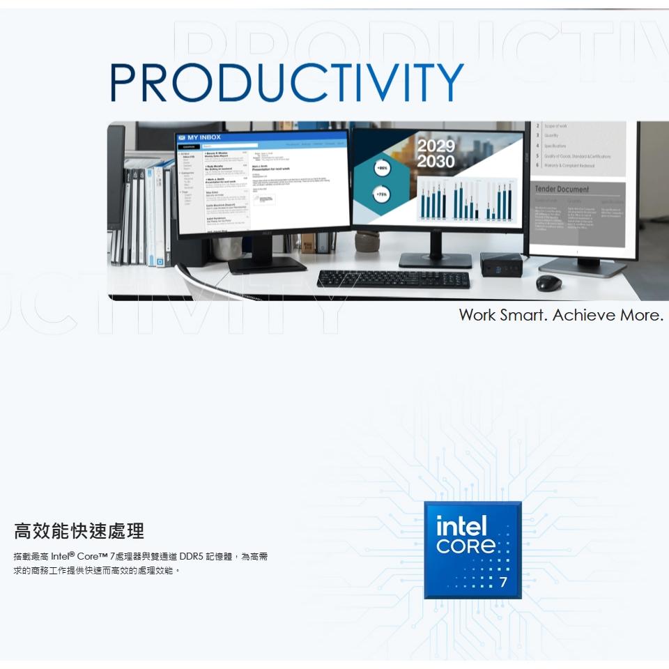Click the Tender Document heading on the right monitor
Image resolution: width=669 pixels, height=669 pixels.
(562, 190)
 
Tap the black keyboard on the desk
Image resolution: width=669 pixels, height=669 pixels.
(393, 279)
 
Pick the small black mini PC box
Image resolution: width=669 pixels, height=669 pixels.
(502, 263)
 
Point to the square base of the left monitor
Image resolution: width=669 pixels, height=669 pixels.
(267, 263)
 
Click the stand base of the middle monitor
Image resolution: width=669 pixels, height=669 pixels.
(435, 259)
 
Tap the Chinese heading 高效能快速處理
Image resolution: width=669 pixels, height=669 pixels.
(79, 532)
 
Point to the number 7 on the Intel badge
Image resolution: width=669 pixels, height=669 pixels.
(503, 582)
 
